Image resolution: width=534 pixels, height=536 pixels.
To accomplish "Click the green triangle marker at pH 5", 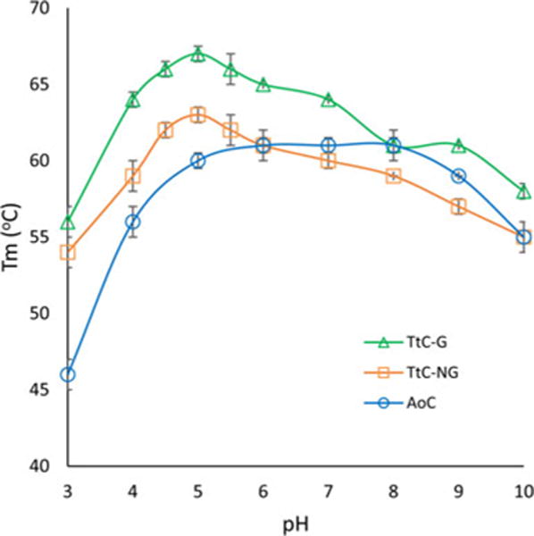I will tap(197, 54).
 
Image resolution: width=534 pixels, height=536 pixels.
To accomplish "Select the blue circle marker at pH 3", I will tap(67, 374).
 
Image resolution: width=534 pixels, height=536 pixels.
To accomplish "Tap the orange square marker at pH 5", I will tap(197, 114).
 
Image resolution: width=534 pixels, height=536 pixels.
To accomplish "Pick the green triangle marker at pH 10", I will tap(523, 192).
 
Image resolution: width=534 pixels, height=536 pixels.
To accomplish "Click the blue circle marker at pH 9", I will tap(458, 176).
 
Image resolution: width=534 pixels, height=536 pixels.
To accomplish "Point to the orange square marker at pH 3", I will tap(67, 253).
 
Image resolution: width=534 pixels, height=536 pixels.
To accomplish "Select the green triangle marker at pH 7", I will tap(328, 99).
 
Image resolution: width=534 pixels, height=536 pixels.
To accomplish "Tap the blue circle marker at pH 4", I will tap(132, 222).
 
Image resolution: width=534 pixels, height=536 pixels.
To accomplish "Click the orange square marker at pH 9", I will tap(458, 206).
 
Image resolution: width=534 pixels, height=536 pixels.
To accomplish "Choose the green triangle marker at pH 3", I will tap(67, 222).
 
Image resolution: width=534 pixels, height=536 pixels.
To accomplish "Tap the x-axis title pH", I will tap(295, 521).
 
